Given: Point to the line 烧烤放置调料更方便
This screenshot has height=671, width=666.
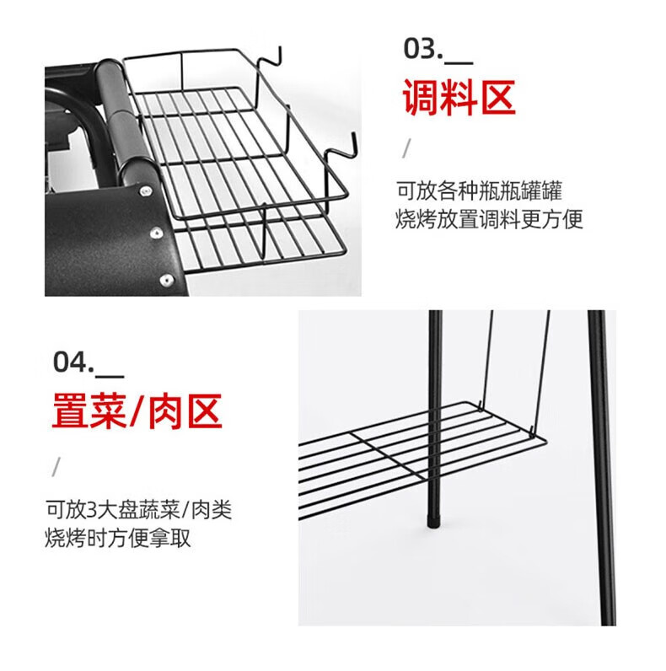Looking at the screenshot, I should [x=489, y=220].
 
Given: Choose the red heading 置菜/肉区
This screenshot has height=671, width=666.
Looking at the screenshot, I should [x=137, y=411].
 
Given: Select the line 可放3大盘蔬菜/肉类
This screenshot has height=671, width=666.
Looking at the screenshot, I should [x=138, y=509].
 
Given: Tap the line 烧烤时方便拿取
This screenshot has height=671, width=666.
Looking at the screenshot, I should [x=118, y=538].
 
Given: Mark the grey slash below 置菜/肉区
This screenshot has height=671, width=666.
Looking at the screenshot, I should [x=56, y=466].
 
